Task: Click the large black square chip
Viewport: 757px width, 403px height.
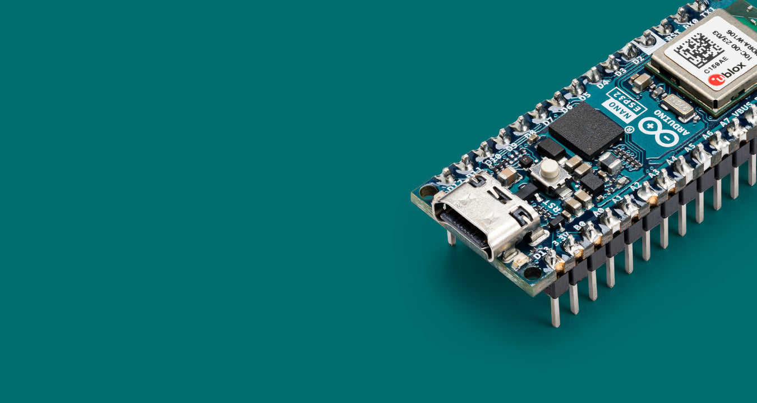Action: click(586, 131)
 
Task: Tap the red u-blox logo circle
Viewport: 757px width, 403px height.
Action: click(717, 80)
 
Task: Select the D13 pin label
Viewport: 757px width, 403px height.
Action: click(541, 254)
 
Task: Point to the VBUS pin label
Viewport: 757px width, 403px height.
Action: click(742, 109)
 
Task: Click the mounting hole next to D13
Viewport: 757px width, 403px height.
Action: click(532, 273)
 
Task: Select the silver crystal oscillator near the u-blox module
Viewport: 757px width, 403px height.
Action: click(677, 105)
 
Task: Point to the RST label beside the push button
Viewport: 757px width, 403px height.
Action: click(553, 207)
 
